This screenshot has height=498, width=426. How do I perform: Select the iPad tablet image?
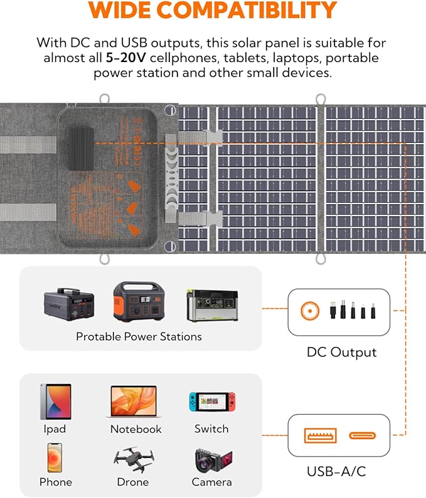(56, 401)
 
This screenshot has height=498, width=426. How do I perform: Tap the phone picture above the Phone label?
(55, 457)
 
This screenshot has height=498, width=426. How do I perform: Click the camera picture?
(213, 460)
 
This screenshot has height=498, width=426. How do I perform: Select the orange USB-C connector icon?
(363, 435)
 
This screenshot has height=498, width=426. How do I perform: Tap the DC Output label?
(341, 352)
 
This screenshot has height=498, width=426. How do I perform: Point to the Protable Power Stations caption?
(139, 336)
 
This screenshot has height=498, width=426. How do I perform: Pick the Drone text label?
(133, 482)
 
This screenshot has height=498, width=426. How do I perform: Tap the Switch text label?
(211, 429)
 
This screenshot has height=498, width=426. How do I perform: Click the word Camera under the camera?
(212, 482)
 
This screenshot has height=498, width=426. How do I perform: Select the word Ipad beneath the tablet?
(55, 429)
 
